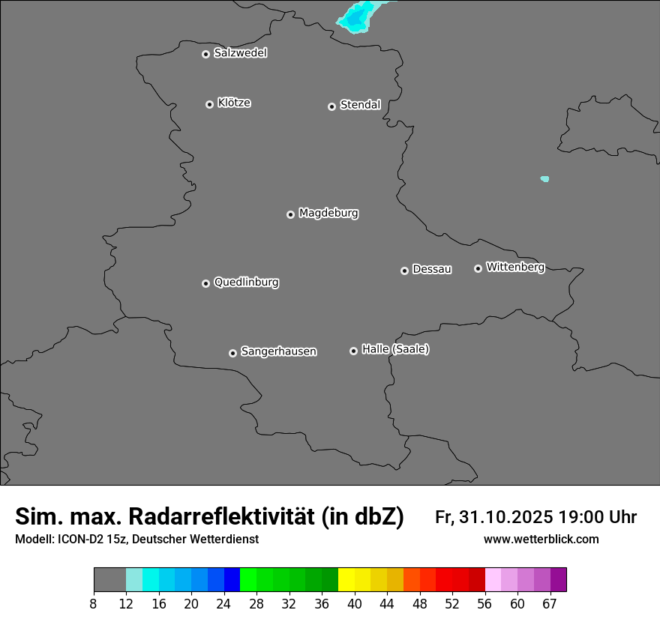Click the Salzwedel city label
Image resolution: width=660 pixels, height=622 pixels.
[x=240, y=53]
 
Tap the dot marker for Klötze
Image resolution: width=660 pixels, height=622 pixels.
[x=210, y=104]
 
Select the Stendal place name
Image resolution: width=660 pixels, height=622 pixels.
[x=360, y=105]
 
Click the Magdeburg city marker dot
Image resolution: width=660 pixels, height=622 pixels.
[x=291, y=214]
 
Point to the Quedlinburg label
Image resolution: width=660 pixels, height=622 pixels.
[x=246, y=283]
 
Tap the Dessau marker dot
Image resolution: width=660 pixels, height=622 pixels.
[x=405, y=271]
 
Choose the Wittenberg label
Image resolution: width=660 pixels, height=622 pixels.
[x=515, y=267]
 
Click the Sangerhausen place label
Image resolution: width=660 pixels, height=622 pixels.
[x=278, y=351]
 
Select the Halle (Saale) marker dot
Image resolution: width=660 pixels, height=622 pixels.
[x=354, y=351]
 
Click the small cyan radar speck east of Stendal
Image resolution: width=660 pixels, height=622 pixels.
[x=544, y=179]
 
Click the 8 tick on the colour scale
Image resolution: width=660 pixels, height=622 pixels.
[x=94, y=603]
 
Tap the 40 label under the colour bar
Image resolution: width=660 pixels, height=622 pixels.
[x=355, y=603]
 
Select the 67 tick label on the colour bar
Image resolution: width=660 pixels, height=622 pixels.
[x=550, y=603]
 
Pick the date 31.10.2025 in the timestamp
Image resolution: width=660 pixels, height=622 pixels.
[x=504, y=517]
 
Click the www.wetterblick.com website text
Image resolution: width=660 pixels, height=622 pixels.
[x=541, y=540]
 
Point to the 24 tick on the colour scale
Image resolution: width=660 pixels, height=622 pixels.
[x=224, y=603]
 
